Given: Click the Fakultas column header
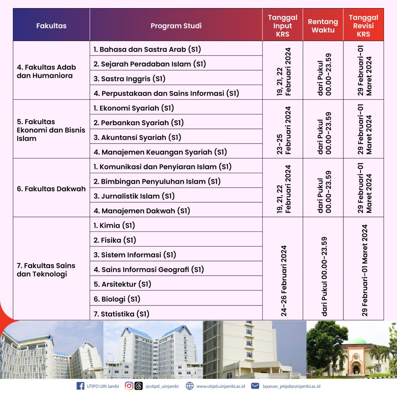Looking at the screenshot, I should pyautogui.click(x=51, y=26).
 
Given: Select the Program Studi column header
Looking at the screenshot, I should pyautogui.click(x=176, y=26).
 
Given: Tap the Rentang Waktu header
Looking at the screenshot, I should pyautogui.click(x=323, y=26).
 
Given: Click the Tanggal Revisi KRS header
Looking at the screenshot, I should pyautogui.click(x=363, y=26).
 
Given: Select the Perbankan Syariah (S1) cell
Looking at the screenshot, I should pyautogui.click(x=138, y=123).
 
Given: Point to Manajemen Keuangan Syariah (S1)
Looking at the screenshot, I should pyautogui.click(x=160, y=152).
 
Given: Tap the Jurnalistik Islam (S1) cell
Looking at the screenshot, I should pyautogui.click(x=134, y=196).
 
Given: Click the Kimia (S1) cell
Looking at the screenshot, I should pyautogui.click(x=114, y=225).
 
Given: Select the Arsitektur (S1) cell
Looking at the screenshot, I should pyautogui.click(x=123, y=284).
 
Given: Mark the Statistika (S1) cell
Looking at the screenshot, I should pyautogui.click(x=121, y=314).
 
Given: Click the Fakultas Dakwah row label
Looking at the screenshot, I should pyautogui.click(x=51, y=189).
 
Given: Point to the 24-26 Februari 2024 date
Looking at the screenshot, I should pyautogui.click(x=284, y=280).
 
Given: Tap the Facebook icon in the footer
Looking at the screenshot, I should pyautogui.click(x=81, y=386).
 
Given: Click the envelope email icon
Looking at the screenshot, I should pyautogui.click(x=255, y=386).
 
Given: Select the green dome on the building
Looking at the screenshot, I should pyautogui.click(x=360, y=341).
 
